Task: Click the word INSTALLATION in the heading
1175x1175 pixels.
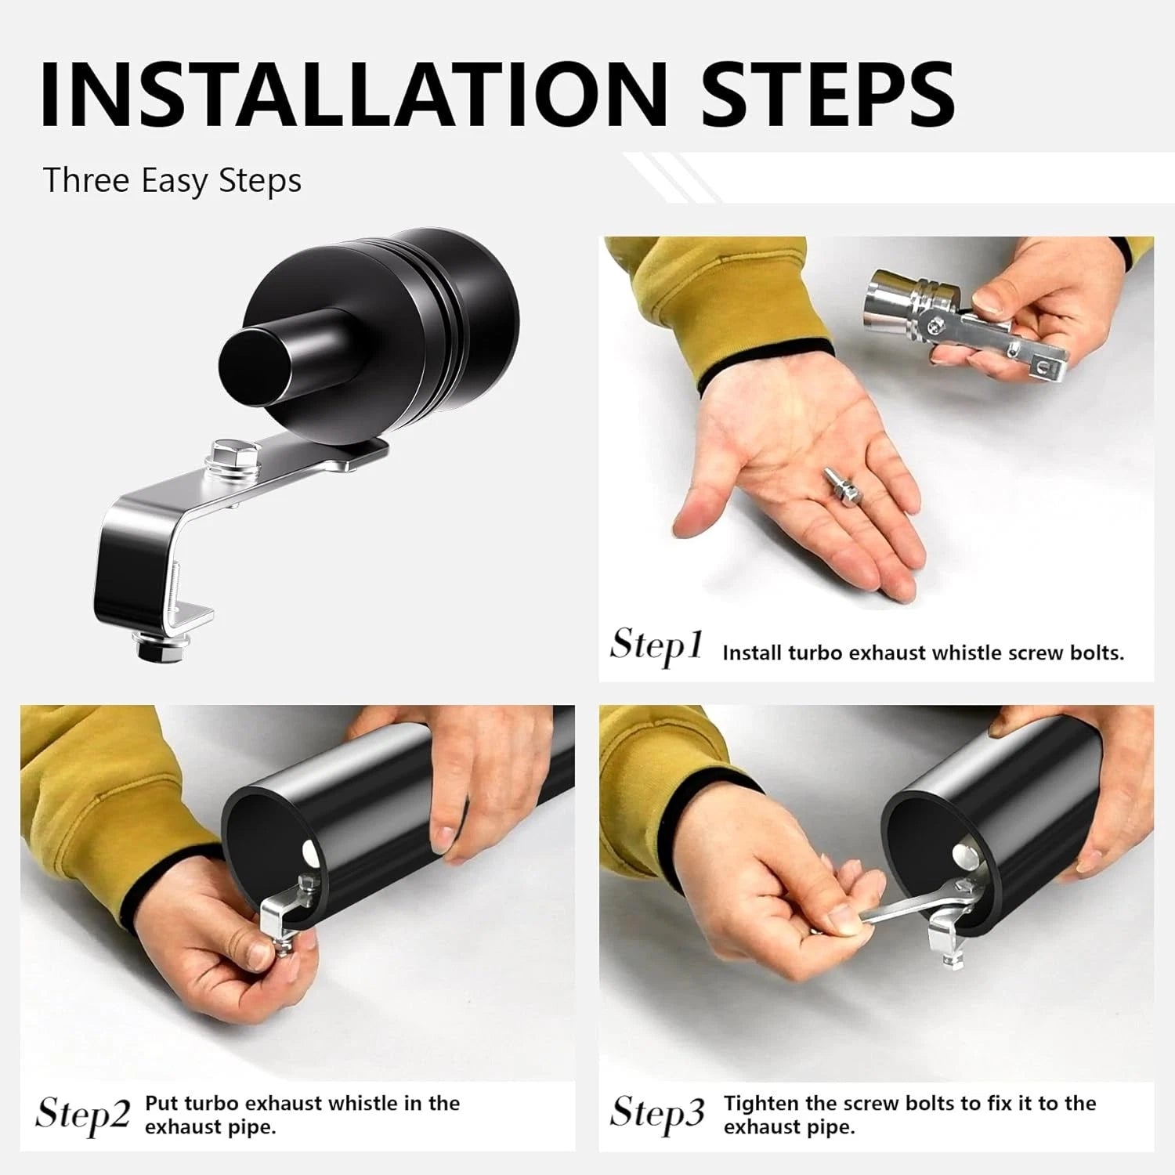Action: [354, 92]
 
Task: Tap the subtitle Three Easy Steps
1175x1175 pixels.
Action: [172, 180]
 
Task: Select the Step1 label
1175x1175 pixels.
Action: [656, 647]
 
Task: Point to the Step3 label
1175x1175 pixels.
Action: [657, 1113]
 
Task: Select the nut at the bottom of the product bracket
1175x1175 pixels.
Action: [161, 647]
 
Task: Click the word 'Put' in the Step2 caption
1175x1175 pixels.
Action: [162, 1103]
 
